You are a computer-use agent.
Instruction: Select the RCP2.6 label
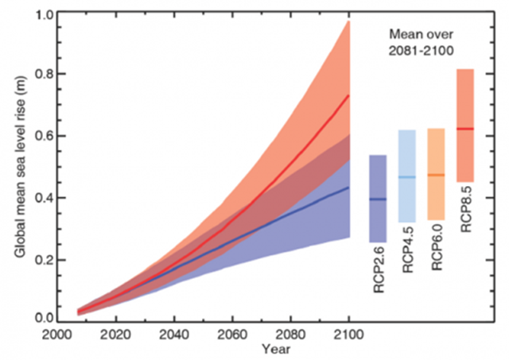click(379, 269)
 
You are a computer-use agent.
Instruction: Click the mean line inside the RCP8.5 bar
click(465, 128)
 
